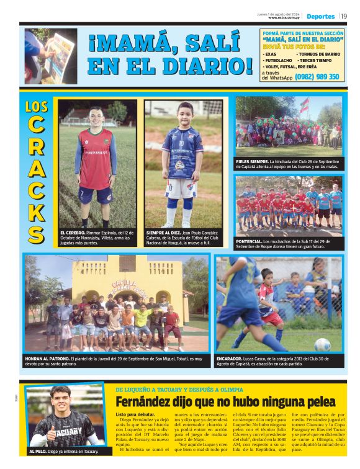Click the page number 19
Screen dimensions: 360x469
(x=344, y=16)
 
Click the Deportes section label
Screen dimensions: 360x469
(x=320, y=17)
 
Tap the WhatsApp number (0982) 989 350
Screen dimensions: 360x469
(x=317, y=77)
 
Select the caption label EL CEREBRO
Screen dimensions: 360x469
(x=73, y=232)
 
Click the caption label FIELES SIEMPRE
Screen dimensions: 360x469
(x=252, y=161)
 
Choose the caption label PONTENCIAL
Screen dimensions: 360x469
(x=250, y=241)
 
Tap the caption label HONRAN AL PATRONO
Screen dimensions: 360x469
(x=47, y=358)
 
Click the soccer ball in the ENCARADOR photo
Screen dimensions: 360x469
(x=322, y=344)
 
